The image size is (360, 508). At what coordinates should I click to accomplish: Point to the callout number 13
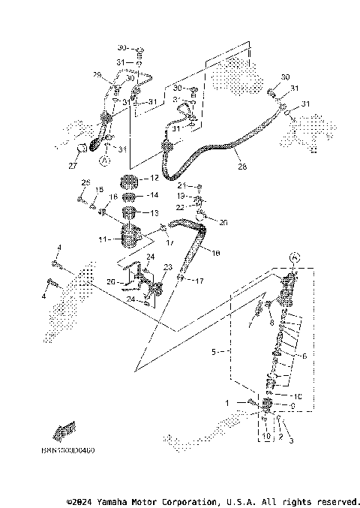154,213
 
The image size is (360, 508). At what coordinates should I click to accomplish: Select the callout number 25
85,182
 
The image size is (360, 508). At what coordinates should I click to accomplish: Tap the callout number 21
181,185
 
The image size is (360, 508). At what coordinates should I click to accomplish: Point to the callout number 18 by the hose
216,254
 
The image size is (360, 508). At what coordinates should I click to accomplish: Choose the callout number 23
166,266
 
